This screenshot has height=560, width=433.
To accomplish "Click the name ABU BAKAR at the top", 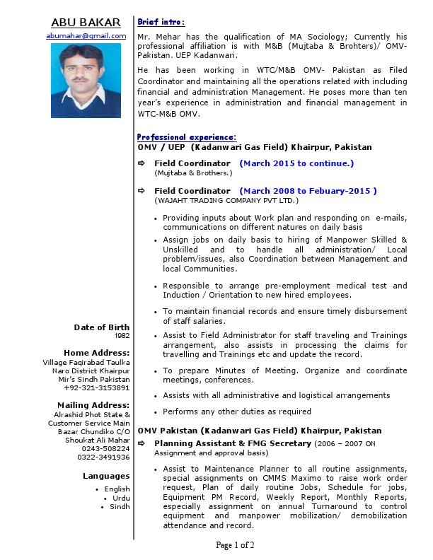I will [86, 22].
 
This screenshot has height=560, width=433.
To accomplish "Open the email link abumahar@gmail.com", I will [86, 35].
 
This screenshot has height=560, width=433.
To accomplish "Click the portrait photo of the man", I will [86, 81].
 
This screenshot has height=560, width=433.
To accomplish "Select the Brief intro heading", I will [161, 23].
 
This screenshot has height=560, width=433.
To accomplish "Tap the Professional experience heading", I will [187, 137].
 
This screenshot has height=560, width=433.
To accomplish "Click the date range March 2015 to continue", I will [296, 163].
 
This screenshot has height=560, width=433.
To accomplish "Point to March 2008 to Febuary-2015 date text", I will [308, 191].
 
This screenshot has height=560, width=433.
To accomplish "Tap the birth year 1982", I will [122, 336].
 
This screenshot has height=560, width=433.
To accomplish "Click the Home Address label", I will [96, 353].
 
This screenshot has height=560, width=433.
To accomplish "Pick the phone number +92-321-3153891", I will [96, 388].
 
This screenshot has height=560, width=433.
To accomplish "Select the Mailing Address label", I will [93, 405].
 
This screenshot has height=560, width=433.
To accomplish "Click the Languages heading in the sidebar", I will [106, 476].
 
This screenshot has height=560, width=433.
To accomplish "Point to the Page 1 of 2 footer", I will [235, 545].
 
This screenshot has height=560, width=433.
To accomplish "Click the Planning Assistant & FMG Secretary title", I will [233, 443].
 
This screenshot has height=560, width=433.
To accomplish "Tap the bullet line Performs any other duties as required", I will [237, 412].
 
